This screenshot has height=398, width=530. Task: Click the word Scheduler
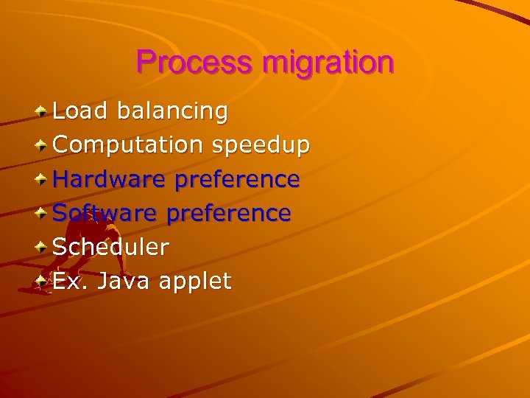(111, 247)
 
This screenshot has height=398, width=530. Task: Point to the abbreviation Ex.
(69, 281)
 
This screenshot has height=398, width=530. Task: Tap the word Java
(121, 281)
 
